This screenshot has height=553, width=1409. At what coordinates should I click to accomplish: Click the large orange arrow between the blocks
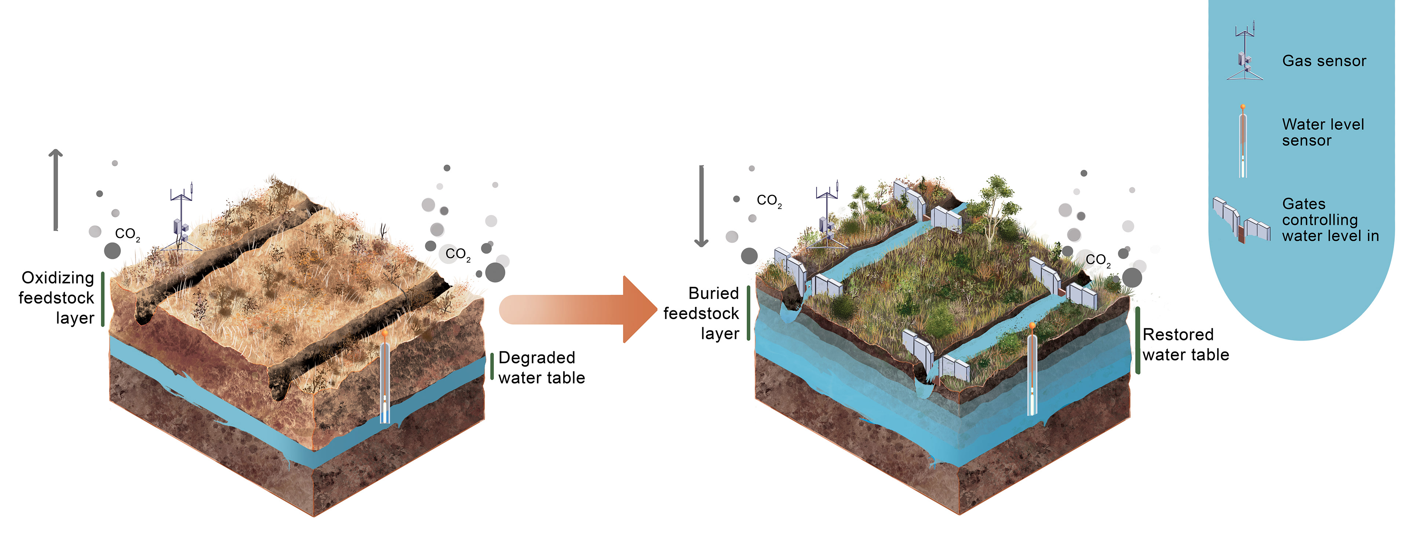coord(580,309)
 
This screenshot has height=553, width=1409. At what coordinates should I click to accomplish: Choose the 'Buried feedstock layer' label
coord(702,314)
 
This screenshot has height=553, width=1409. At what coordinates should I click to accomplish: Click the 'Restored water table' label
coord(1185,345)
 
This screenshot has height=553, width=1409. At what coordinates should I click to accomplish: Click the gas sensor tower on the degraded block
coord(181,219)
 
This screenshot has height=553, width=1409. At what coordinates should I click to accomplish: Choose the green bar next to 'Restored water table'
coord(1138,340)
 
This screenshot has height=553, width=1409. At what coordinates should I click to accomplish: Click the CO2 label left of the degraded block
coord(127,234)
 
